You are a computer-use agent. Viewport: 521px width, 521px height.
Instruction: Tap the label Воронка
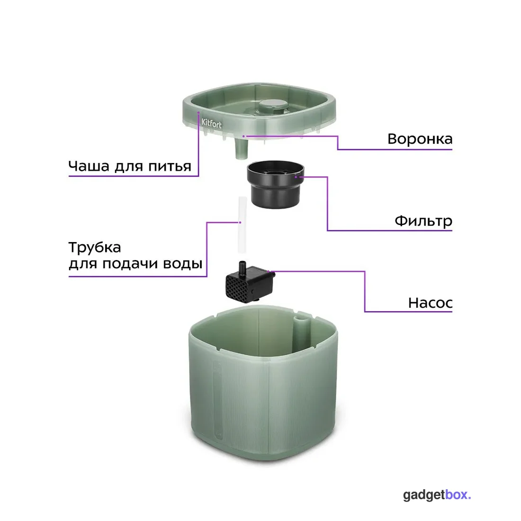pyautogui.click(x=420, y=139)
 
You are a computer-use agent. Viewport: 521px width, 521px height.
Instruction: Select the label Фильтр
pyautogui.click(x=423, y=221)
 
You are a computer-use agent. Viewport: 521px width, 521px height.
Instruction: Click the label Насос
pyautogui.click(x=430, y=303)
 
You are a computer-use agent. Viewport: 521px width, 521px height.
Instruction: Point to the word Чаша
pyautogui.click(x=89, y=166)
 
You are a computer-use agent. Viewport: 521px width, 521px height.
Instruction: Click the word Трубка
pyautogui.click(x=95, y=248)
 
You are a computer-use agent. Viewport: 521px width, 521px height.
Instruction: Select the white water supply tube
pyautogui.click(x=243, y=225)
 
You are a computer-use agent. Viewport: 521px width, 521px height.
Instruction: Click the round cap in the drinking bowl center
pyautogui.click(x=273, y=105)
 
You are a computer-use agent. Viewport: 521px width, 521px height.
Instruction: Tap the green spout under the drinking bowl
pyautogui.click(x=242, y=148)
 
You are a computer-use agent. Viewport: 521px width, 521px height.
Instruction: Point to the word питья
pyautogui.click(x=170, y=166)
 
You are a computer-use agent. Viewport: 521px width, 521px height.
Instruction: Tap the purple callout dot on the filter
pyautogui.click(x=296, y=177)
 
